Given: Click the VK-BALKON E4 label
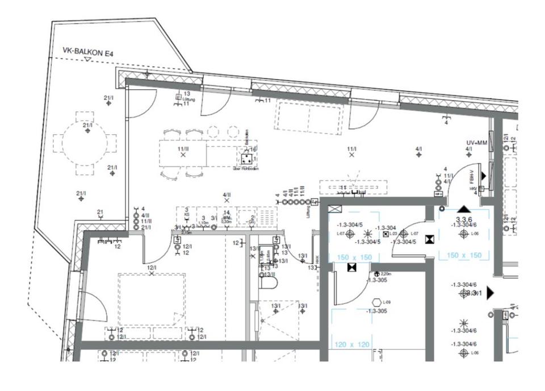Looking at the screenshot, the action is pos(89,53).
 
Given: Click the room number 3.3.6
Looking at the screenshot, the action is pos(465,218).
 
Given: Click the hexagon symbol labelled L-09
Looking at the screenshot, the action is pos(376,302).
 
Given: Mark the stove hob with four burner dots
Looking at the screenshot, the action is pos(248,159).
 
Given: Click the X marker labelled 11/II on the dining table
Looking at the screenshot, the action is pos(183,154).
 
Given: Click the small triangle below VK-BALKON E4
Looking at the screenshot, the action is pos(87,59).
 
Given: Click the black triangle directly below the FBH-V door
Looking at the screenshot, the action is pos(464,210).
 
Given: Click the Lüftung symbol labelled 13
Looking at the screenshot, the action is pos(179,97).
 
